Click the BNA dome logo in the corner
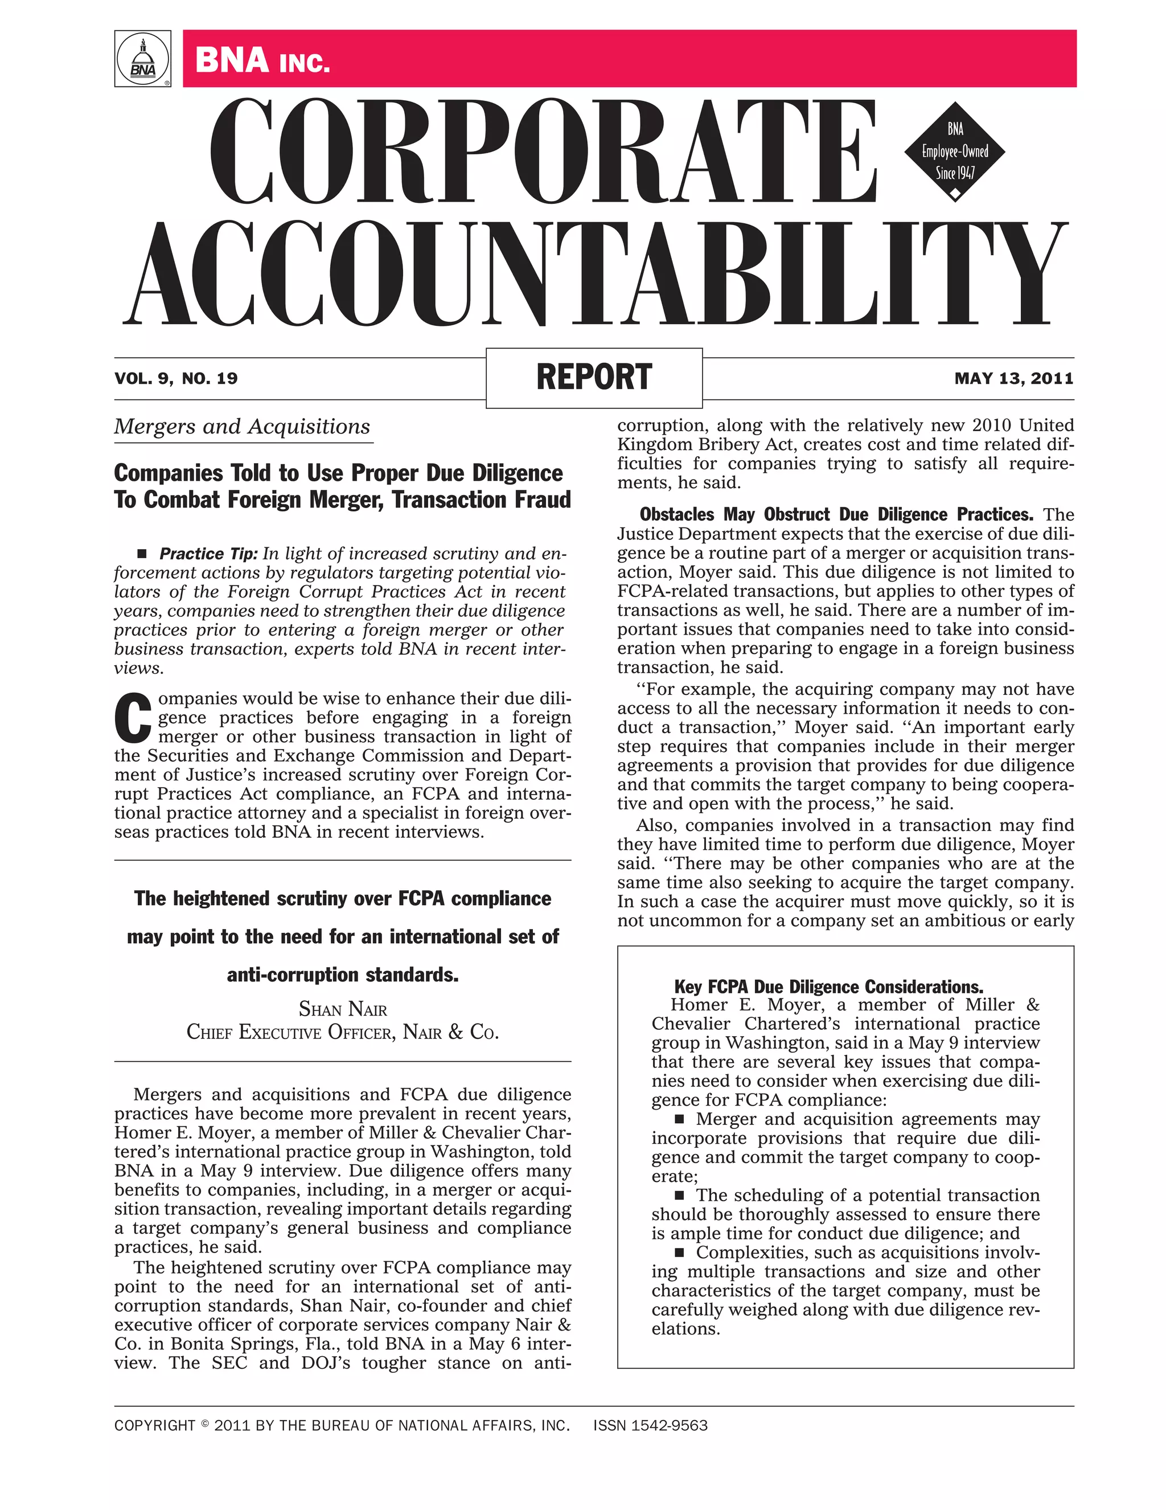[142, 59]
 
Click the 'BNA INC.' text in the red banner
[262, 60]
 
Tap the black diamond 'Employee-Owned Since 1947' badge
[955, 152]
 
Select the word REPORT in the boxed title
[594, 378]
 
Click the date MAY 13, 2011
[1013, 378]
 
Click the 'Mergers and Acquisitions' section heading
[242, 427]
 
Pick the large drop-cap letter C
[132, 718]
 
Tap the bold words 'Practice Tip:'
[208, 554]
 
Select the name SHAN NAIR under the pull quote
[343, 1009]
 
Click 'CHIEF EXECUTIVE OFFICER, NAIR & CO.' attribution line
[343, 1033]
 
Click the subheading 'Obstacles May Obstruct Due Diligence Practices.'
[836, 514]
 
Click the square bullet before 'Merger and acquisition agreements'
[679, 1119]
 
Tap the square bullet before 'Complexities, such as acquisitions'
[679, 1252]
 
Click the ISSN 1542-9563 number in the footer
[650, 1426]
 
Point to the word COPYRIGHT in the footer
[155, 1426]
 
